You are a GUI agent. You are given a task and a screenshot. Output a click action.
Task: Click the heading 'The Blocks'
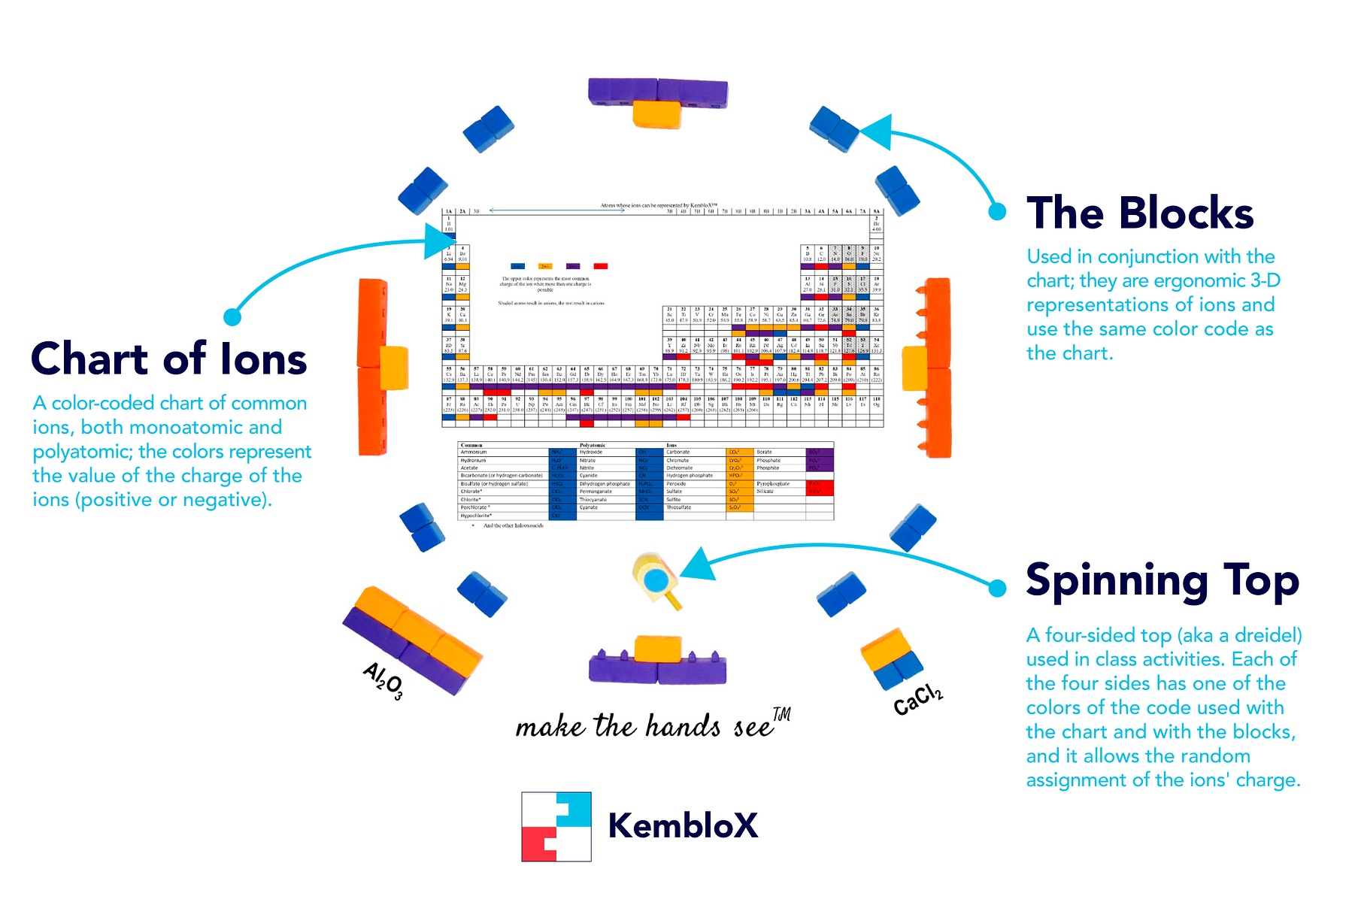point(1139,213)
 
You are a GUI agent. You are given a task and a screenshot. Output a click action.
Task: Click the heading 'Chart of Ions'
point(169,359)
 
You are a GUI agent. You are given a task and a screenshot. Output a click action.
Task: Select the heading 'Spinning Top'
point(1162,581)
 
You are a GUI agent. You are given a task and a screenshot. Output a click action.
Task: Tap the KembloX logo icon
point(556,826)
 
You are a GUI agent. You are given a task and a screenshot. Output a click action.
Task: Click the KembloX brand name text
point(682,825)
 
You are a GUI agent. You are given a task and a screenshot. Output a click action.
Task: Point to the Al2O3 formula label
point(383,680)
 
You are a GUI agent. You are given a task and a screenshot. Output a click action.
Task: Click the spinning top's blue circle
point(656,580)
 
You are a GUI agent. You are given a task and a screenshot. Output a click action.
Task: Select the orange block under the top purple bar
point(656,115)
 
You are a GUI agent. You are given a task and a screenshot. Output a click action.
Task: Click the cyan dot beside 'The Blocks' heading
point(997,212)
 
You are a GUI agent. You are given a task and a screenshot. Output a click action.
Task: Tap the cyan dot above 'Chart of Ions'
point(232,316)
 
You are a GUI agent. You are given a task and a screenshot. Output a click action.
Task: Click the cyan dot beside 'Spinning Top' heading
point(997,588)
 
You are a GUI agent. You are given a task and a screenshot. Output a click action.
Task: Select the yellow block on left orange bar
point(394,367)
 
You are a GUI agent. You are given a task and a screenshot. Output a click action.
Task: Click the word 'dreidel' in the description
point(1263,636)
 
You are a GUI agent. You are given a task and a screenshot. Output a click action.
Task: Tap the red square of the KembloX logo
point(539,844)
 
